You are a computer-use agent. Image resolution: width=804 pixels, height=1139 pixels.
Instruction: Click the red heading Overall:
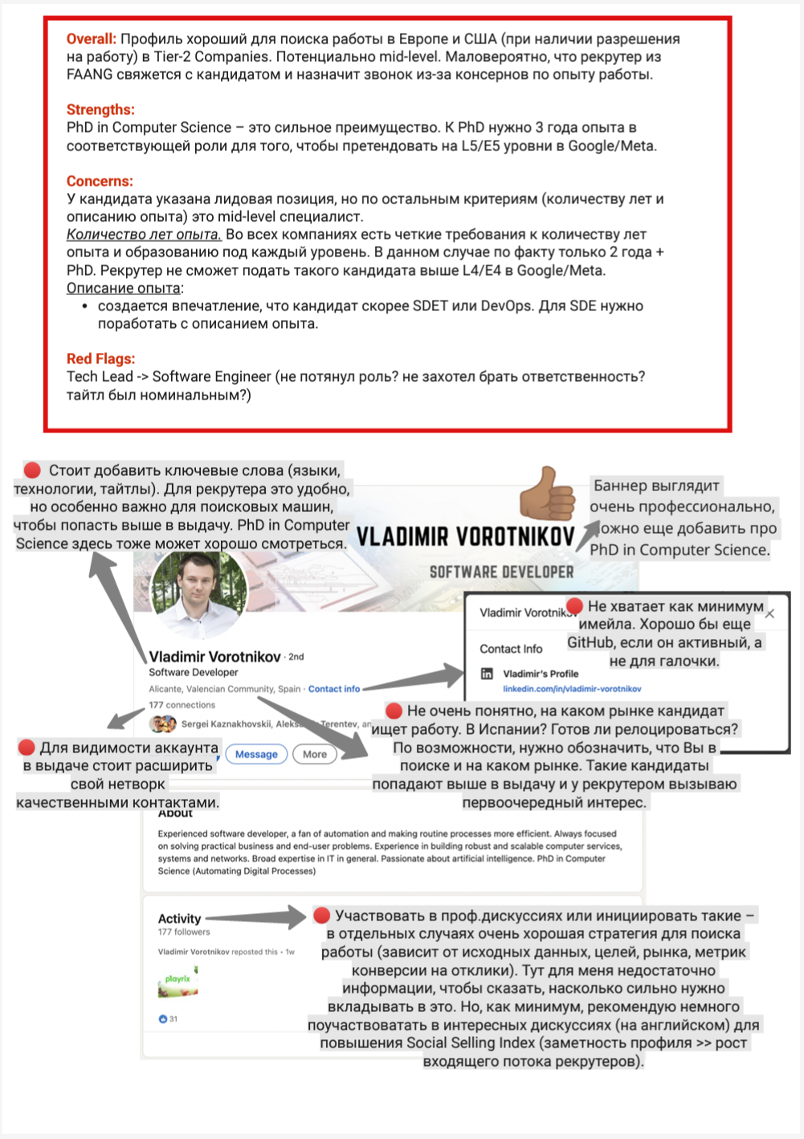(91, 39)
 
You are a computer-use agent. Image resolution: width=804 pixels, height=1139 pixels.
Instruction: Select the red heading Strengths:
(100, 109)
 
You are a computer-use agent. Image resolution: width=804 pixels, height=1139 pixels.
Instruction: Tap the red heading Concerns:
(100, 181)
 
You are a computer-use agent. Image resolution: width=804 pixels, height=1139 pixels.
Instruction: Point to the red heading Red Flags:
(100, 358)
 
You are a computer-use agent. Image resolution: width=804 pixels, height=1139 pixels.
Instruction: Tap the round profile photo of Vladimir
(198, 596)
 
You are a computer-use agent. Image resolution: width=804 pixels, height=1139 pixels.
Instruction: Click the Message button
(256, 754)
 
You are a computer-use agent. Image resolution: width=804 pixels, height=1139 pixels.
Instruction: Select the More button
(315, 754)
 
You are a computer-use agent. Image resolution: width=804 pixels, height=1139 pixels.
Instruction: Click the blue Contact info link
(334, 689)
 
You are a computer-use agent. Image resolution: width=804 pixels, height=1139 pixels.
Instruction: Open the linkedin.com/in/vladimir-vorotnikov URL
(572, 689)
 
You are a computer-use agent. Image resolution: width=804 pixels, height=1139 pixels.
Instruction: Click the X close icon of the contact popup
(770, 614)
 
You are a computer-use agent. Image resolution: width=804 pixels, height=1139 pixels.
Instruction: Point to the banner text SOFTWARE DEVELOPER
(501, 572)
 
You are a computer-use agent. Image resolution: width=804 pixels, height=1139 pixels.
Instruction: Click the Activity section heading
(179, 918)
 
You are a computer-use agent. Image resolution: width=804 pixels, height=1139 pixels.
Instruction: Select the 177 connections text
(182, 705)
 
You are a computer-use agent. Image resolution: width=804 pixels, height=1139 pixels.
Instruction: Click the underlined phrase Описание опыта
(123, 288)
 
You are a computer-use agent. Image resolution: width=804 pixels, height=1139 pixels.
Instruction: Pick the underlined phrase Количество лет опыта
(143, 235)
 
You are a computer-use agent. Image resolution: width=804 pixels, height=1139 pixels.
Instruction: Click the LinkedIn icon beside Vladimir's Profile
(487, 674)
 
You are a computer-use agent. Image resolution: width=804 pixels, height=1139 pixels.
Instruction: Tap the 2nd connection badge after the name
(296, 657)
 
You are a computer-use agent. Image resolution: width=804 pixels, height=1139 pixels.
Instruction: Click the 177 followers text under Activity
(184, 932)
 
